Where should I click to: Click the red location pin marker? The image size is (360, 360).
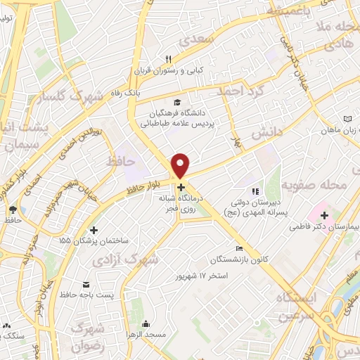pyautogui.click(x=181, y=165)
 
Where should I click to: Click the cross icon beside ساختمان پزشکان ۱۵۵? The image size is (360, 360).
pyautogui.click(x=94, y=230)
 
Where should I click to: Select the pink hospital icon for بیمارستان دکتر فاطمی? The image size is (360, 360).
pyautogui.click(x=324, y=214)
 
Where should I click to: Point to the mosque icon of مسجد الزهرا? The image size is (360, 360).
pyautogui.click(x=146, y=324)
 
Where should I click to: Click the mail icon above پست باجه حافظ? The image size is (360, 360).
pyautogui.click(x=86, y=285)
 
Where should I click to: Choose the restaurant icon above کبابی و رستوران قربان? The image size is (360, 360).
pyautogui.click(x=168, y=59)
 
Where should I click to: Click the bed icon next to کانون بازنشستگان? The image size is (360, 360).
pyautogui.click(x=240, y=249)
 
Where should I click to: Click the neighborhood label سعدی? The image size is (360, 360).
pyautogui.click(x=198, y=41)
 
